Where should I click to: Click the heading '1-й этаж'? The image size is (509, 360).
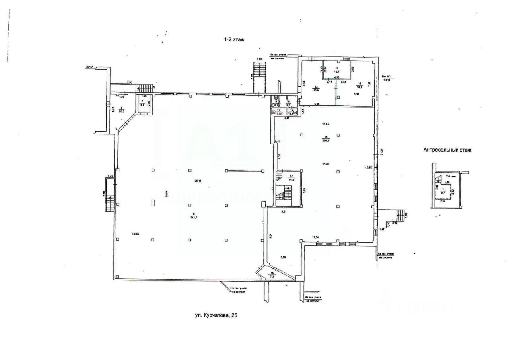(235, 39)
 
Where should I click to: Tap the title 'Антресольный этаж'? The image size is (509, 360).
(447, 150)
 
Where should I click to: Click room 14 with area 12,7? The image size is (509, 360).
(337, 70)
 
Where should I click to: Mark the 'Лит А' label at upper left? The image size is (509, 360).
(89, 67)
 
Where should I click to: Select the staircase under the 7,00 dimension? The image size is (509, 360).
(146, 88)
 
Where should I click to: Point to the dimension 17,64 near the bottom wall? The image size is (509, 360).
(315, 237)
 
